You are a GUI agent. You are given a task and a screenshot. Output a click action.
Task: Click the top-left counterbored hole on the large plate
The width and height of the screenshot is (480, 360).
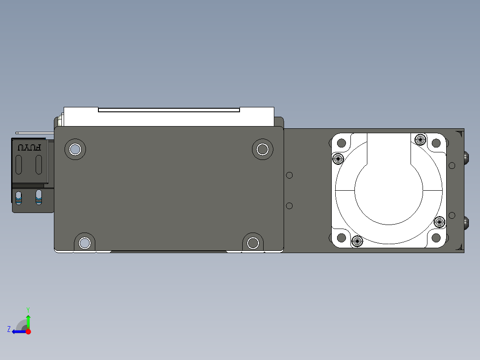click(75, 149)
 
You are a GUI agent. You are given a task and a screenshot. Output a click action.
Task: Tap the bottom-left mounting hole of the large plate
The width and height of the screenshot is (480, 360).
click(85, 243)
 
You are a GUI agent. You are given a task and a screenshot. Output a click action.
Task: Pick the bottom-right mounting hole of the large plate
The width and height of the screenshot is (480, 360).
click(253, 243)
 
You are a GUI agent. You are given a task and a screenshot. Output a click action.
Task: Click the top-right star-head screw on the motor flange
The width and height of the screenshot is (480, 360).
click(420, 139)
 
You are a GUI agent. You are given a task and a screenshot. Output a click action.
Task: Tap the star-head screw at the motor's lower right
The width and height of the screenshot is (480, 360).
click(439, 221)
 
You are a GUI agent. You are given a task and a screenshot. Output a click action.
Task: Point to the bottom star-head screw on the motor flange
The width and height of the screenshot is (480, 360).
click(357, 241)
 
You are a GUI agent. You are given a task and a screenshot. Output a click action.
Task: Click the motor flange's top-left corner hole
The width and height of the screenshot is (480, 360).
click(342, 143)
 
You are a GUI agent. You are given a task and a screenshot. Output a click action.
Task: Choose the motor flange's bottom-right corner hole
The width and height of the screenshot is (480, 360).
click(436, 237)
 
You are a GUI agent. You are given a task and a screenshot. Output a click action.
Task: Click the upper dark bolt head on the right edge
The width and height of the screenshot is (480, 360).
click(466, 157)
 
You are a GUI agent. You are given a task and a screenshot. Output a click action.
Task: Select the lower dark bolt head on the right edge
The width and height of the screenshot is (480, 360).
click(466, 223)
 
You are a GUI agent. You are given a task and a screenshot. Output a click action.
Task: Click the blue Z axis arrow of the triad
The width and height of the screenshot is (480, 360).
click(17, 331)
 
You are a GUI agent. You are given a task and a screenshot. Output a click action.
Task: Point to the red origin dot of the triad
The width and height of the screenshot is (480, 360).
click(28, 331)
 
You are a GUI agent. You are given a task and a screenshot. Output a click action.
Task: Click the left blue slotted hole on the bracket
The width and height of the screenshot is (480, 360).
click(19, 197)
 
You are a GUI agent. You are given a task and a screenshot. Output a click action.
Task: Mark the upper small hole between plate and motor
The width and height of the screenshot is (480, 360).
click(289, 175)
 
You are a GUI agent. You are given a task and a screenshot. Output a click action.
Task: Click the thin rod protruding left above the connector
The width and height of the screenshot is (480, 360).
click(31, 133)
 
